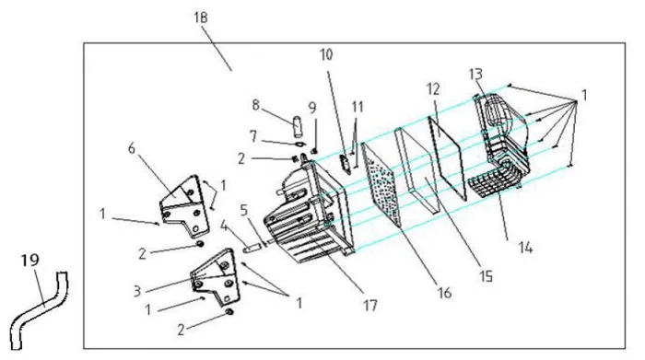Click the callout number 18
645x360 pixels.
pyautogui.click(x=201, y=17)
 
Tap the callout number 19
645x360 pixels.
pyautogui.click(x=30, y=261)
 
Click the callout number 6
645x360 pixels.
pyautogui.click(x=131, y=148)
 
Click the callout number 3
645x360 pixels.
pyautogui.click(x=137, y=291)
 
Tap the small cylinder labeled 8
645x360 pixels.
pyautogui.click(x=296, y=126)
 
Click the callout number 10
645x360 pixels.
pyautogui.click(x=326, y=54)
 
